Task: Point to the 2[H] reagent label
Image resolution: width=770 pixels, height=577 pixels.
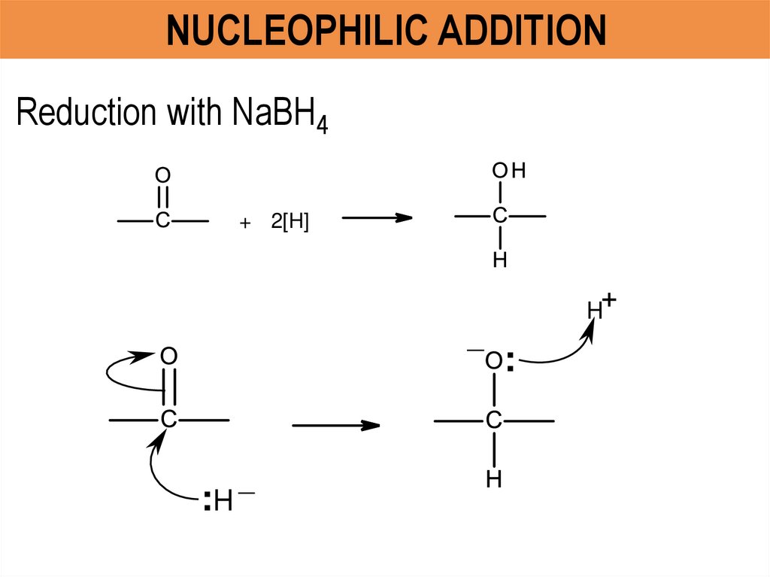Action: pyautogui.click(x=290, y=223)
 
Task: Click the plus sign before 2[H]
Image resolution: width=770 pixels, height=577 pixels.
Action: pyautogui.click(x=244, y=224)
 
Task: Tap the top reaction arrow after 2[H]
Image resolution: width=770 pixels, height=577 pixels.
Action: pyautogui.click(x=377, y=218)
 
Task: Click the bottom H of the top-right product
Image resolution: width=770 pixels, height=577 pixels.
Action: pyautogui.click(x=500, y=260)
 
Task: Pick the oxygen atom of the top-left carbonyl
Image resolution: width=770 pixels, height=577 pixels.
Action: pyautogui.click(x=162, y=175)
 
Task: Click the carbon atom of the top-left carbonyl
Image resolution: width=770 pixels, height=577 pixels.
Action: pyautogui.click(x=162, y=220)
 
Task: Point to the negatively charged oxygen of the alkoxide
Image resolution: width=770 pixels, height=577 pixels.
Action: pyautogui.click(x=493, y=361)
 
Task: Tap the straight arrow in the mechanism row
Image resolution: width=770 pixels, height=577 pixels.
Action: pyautogui.click(x=335, y=426)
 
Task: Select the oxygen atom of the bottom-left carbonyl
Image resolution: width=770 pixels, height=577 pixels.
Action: pyautogui.click(x=168, y=355)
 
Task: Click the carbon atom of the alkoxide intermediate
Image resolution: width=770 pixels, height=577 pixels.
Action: pyautogui.click(x=493, y=421)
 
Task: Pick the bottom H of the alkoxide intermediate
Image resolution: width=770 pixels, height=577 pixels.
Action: pyautogui.click(x=493, y=479)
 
